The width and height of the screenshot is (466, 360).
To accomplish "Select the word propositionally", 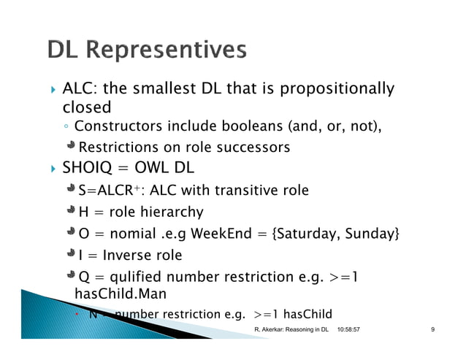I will tap(343, 90).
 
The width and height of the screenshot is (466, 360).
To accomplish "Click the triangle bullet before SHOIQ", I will tap(51, 170).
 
